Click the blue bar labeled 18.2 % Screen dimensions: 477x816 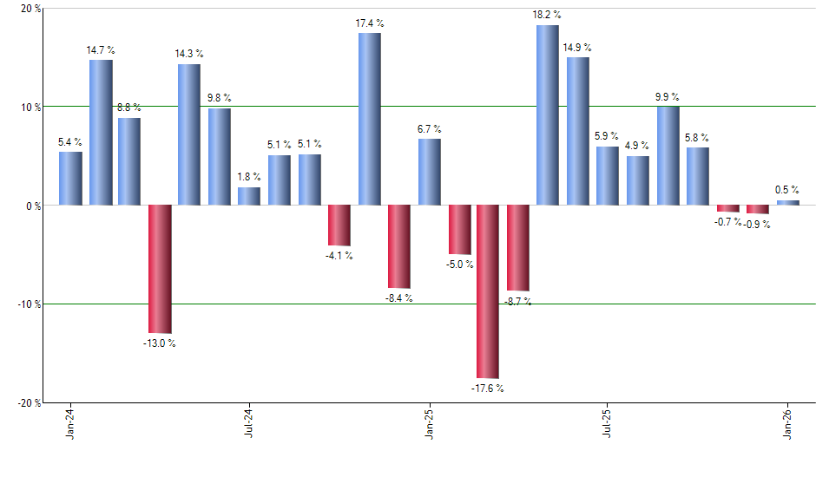[548, 114]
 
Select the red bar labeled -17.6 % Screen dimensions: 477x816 [488, 291]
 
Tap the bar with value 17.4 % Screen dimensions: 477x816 [369, 119]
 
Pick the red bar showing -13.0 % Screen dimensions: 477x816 [160, 269]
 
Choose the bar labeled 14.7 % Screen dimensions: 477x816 [101, 132]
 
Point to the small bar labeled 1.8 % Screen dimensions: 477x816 [249, 196]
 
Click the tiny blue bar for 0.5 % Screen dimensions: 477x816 [787, 203]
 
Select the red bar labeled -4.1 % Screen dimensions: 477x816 [339, 225]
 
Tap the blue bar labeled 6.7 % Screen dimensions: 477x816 [429, 172]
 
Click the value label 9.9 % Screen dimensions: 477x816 [668, 96]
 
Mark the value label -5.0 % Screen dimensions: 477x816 [461, 265]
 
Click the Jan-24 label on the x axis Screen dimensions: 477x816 [70, 425]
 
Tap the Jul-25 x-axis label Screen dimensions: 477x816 [608, 425]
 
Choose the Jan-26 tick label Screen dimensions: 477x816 [788, 425]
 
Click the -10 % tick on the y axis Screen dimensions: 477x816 [28, 304]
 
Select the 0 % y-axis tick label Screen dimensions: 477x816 [33, 206]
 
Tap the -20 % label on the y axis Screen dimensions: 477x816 [28, 403]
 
